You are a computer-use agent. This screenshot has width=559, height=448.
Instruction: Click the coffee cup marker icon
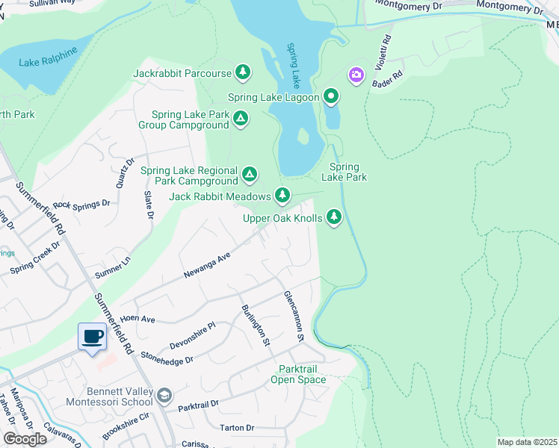pyautogui.click(x=93, y=337)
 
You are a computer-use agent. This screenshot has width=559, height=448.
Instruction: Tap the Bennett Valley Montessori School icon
pyautogui.click(x=164, y=395)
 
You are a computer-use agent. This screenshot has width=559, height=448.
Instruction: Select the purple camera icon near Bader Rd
pyautogui.click(x=356, y=75)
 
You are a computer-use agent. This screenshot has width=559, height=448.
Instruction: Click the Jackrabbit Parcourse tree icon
pyautogui.click(x=242, y=72)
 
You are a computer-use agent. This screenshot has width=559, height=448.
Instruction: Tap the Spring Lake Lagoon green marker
pyautogui.click(x=331, y=96)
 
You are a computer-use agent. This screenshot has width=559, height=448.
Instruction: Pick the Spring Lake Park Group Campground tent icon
pyautogui.click(x=241, y=118)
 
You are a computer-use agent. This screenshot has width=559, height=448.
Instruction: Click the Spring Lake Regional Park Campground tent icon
pyautogui.click(x=250, y=175)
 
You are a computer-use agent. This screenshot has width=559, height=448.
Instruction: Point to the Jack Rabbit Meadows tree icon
pyautogui.click(x=282, y=196)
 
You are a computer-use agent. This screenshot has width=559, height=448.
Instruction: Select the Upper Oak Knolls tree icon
pyautogui.click(x=334, y=217)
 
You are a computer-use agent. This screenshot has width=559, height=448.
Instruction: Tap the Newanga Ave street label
pyautogui.click(x=207, y=266)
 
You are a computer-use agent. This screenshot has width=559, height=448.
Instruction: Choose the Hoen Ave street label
pyautogui.click(x=137, y=319)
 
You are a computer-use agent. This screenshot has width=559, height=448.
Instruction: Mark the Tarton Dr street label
pyautogui.click(x=238, y=428)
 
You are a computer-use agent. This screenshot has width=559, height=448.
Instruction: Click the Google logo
pyautogui.click(x=25, y=439)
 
